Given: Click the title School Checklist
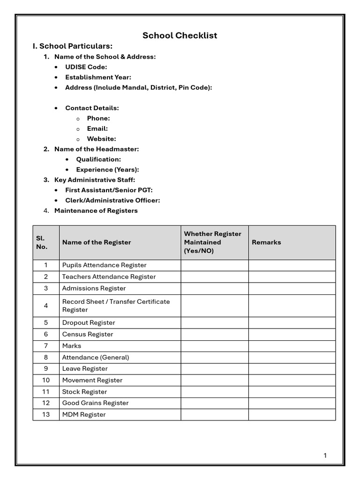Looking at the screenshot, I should (180, 36).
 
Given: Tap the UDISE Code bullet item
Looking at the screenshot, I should (86, 67).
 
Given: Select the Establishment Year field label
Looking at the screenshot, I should (98, 77).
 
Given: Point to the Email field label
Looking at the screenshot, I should (97, 128).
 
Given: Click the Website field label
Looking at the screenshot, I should (101, 139).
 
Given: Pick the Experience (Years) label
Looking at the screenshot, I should (107, 170).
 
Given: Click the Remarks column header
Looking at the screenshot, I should (266, 242).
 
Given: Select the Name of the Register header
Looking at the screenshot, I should (97, 242).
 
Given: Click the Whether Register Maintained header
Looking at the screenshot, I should (212, 242).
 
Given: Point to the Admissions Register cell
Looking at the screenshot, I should (94, 288).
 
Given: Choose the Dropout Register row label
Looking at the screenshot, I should (89, 322).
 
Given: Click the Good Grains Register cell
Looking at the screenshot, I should (95, 403).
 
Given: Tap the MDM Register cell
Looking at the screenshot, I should (84, 414).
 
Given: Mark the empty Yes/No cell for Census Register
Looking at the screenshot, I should (214, 334).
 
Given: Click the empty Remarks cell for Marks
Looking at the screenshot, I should (292, 346).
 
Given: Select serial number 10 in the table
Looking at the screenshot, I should (46, 380).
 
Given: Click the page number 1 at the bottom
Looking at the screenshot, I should (325, 456).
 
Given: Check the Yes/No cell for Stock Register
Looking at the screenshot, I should (214, 391).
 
